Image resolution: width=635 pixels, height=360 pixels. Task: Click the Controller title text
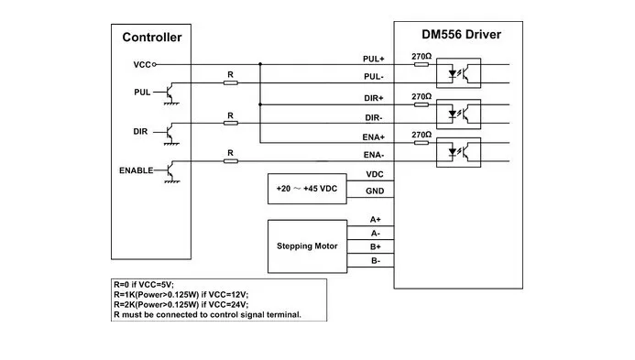coord(152,38)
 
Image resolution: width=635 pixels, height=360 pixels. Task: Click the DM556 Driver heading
coord(461,35)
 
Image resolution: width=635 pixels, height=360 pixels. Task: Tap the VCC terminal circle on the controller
coord(154,64)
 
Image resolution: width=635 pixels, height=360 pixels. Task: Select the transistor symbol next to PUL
coord(171,93)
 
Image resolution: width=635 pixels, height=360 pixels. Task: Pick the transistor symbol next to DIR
coord(171,133)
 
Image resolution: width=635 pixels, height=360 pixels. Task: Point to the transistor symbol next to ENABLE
coord(171,171)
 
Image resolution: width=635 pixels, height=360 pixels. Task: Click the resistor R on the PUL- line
coord(230,83)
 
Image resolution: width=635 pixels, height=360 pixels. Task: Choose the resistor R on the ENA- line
coord(230,161)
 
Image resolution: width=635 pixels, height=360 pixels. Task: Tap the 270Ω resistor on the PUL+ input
coord(422,64)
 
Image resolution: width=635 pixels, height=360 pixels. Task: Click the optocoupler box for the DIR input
coord(458,115)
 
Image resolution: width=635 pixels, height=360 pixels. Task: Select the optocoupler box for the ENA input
coord(458,152)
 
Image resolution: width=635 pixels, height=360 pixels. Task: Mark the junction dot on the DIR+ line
coord(260,104)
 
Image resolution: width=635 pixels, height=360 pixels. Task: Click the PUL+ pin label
coord(373,59)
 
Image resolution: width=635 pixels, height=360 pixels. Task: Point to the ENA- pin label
coord(373,155)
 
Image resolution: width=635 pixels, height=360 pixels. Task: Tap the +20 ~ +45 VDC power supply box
coord(307,189)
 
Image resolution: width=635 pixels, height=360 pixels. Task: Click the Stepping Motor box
coord(307,246)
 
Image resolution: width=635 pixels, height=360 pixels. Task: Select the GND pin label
coord(375,191)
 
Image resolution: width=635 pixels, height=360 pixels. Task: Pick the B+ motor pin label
coord(376,246)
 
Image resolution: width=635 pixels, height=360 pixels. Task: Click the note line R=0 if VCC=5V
coord(144,285)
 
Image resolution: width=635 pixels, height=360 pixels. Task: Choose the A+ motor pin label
coord(376,220)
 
